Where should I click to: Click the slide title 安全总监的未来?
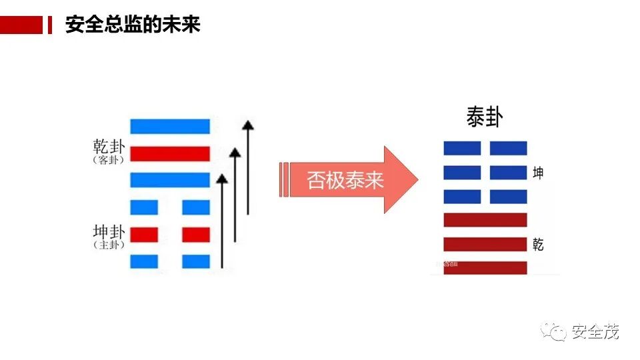pos(133,25)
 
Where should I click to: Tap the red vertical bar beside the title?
pos(49,25)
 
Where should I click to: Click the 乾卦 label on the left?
pos(109,146)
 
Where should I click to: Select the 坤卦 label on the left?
pos(109,232)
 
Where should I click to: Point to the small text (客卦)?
pos(109,160)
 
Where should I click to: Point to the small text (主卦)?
pos(109,245)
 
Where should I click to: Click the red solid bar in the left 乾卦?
pos(170,154)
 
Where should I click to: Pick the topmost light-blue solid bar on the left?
pos(170,126)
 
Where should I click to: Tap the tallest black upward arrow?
pos(247,167)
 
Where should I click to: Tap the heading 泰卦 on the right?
pos(484,118)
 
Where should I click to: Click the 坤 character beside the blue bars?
pos(538,173)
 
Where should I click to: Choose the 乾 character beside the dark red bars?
pos(538,244)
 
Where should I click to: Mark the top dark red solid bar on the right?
pos(485,220)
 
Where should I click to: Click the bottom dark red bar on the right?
pos(485,267)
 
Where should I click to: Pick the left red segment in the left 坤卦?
pos(144,235)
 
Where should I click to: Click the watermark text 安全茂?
pos(595,331)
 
